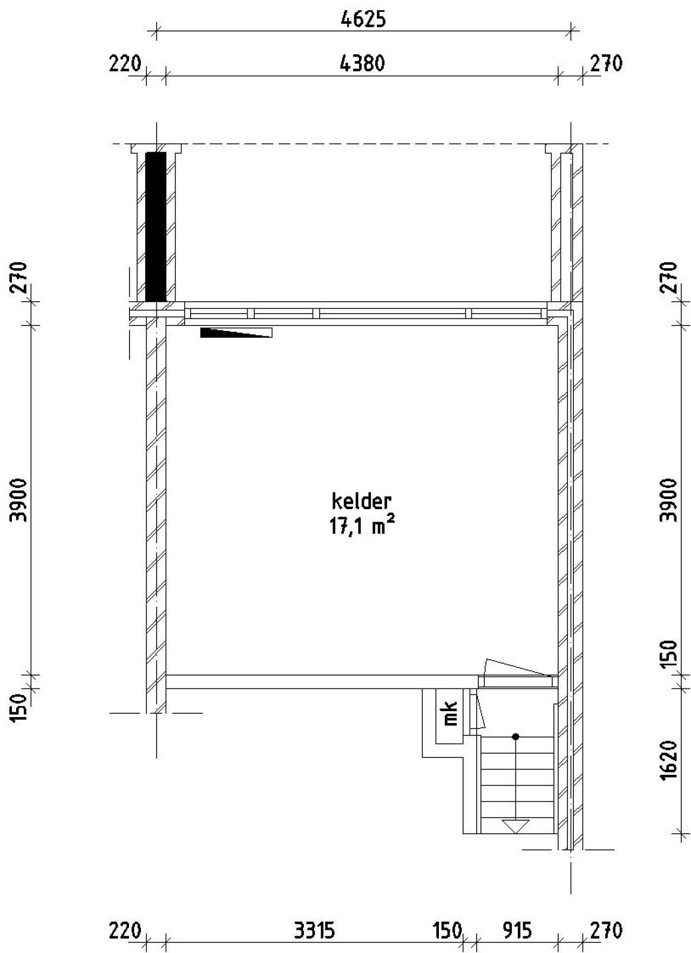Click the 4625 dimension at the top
click(x=363, y=19)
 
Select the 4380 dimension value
click(x=362, y=64)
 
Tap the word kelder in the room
click(x=361, y=502)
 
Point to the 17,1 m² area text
click(x=359, y=526)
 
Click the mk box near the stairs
click(x=450, y=713)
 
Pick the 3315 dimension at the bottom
click(x=314, y=931)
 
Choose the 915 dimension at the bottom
click(x=517, y=931)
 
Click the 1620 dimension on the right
click(x=668, y=759)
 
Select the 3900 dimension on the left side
click(x=20, y=499)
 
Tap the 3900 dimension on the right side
click(x=668, y=499)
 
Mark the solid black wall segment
click(x=156, y=226)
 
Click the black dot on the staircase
click(x=516, y=736)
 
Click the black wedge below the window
click(x=235, y=332)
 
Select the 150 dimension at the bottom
click(x=448, y=931)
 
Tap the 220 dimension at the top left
click(x=125, y=64)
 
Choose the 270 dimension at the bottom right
click(x=606, y=931)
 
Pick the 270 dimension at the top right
click(x=606, y=64)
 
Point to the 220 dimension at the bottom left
click(x=125, y=931)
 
